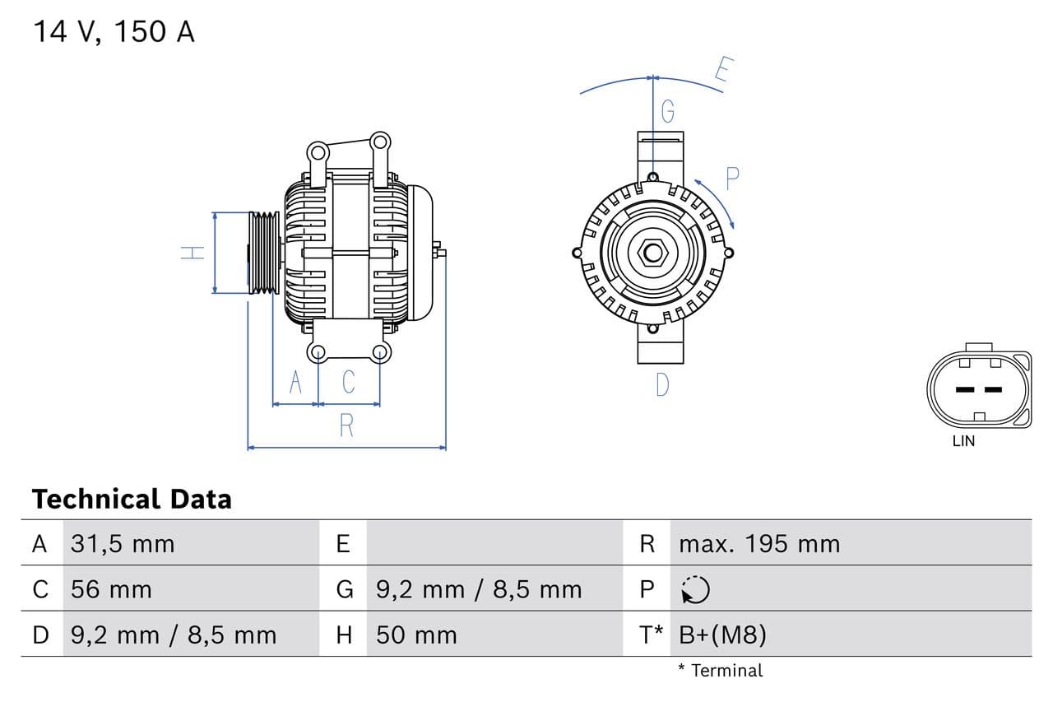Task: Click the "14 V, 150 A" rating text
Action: coord(114,31)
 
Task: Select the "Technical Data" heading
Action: coord(132,499)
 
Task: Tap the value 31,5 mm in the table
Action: coord(123,544)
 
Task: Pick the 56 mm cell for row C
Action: coord(111,589)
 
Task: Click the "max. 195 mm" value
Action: coord(759,544)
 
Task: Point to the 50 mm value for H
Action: coord(416,635)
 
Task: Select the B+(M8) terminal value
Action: coord(723,635)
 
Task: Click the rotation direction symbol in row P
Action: coord(695,589)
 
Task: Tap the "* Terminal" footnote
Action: coord(721,670)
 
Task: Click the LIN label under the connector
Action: coord(963,441)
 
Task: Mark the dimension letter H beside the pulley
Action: coord(193,253)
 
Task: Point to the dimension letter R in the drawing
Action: coord(346,425)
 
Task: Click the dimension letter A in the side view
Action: coord(296,383)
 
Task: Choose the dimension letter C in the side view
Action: coord(349,383)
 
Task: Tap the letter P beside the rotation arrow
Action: coord(731,179)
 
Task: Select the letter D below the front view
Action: coord(662,384)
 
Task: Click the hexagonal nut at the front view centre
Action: coord(652,252)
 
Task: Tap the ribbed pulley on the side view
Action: coord(264,253)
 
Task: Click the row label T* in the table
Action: coord(652,635)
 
